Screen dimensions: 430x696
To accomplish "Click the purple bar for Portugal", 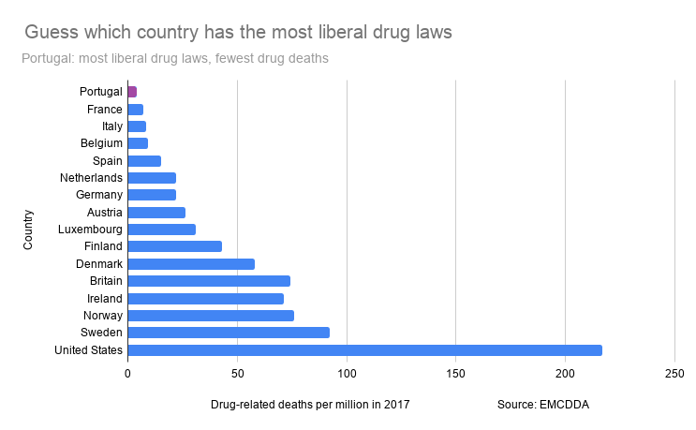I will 132,92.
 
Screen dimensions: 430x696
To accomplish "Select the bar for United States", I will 364,350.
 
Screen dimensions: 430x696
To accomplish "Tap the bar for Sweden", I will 228,333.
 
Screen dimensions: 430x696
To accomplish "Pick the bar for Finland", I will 174,246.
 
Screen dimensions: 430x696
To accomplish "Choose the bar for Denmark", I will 191,264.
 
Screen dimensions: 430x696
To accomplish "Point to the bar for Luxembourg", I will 161,230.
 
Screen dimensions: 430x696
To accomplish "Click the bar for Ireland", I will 205,299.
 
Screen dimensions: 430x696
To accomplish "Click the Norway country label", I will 103,316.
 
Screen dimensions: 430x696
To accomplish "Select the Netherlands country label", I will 91,178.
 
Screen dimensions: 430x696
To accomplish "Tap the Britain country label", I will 103,281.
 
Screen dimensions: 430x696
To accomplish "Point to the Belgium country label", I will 101,143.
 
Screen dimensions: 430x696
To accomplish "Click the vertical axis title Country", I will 29,230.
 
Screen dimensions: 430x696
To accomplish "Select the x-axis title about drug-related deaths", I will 310,405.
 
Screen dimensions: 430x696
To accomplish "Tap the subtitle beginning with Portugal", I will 174,59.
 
